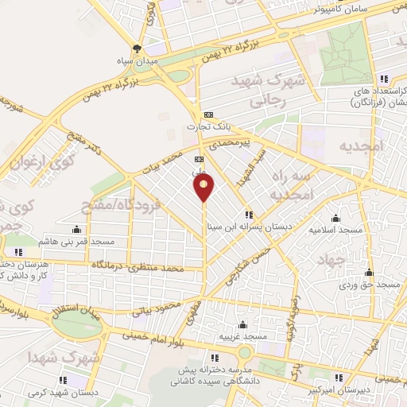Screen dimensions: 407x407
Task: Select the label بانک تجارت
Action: click(208, 126)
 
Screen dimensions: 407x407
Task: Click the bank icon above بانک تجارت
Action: click(208, 114)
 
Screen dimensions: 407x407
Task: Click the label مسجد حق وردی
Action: click(370, 283)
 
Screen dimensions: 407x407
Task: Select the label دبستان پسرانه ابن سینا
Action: click(250, 226)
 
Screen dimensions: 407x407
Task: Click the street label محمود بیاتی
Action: click(158, 308)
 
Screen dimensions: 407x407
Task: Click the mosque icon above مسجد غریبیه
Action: click(243, 325)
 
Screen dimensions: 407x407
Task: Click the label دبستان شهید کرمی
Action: click(63, 391)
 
